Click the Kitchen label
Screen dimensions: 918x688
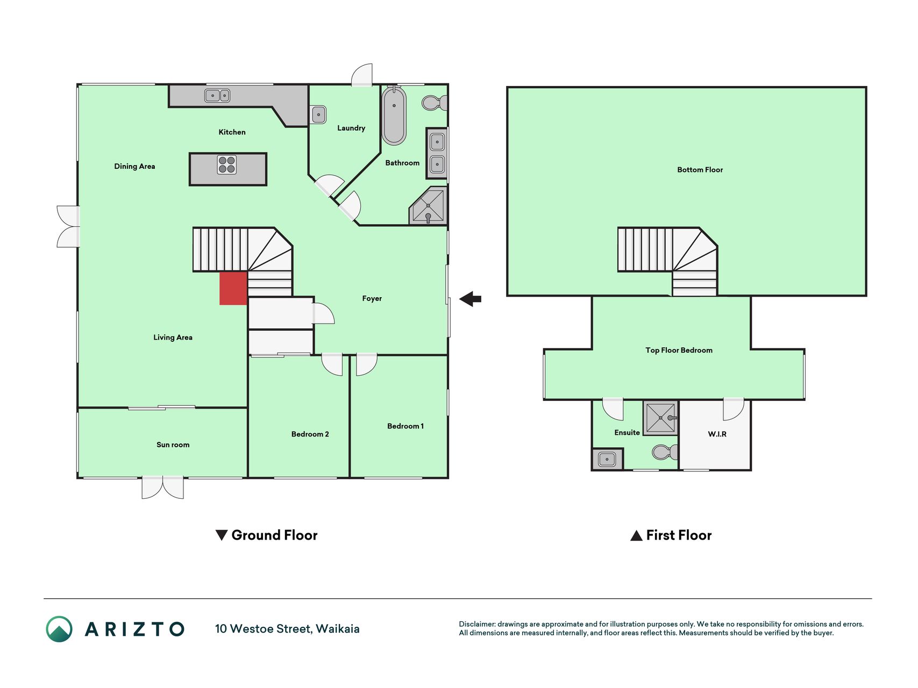coord(232,132)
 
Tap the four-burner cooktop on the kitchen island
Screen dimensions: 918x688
coord(227,165)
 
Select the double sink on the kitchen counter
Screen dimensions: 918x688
coord(217,96)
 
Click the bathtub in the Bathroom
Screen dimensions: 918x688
coord(394,116)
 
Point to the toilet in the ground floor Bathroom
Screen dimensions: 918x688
coord(435,103)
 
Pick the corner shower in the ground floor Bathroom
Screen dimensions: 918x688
coord(428,206)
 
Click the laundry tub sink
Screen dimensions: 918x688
coord(318,114)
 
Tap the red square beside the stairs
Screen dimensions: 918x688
coord(233,288)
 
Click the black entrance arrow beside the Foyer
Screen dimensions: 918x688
coord(470,299)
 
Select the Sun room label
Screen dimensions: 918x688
coord(173,445)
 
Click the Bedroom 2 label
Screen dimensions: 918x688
coord(310,434)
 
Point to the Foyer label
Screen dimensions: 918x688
coord(372,299)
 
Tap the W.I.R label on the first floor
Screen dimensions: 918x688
coord(717,434)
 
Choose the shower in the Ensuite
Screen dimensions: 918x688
coord(661,418)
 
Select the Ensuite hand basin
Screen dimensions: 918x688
coord(607,460)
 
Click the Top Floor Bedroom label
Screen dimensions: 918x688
coord(679,350)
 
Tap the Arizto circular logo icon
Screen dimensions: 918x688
coord(59,629)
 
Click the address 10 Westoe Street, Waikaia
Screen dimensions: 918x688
coord(287,629)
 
